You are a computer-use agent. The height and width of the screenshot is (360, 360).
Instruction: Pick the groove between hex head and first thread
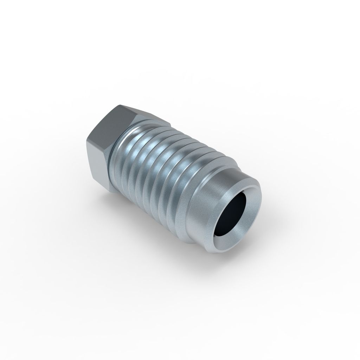(112, 155)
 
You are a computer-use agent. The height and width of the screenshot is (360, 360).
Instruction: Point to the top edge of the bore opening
(239, 192)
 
